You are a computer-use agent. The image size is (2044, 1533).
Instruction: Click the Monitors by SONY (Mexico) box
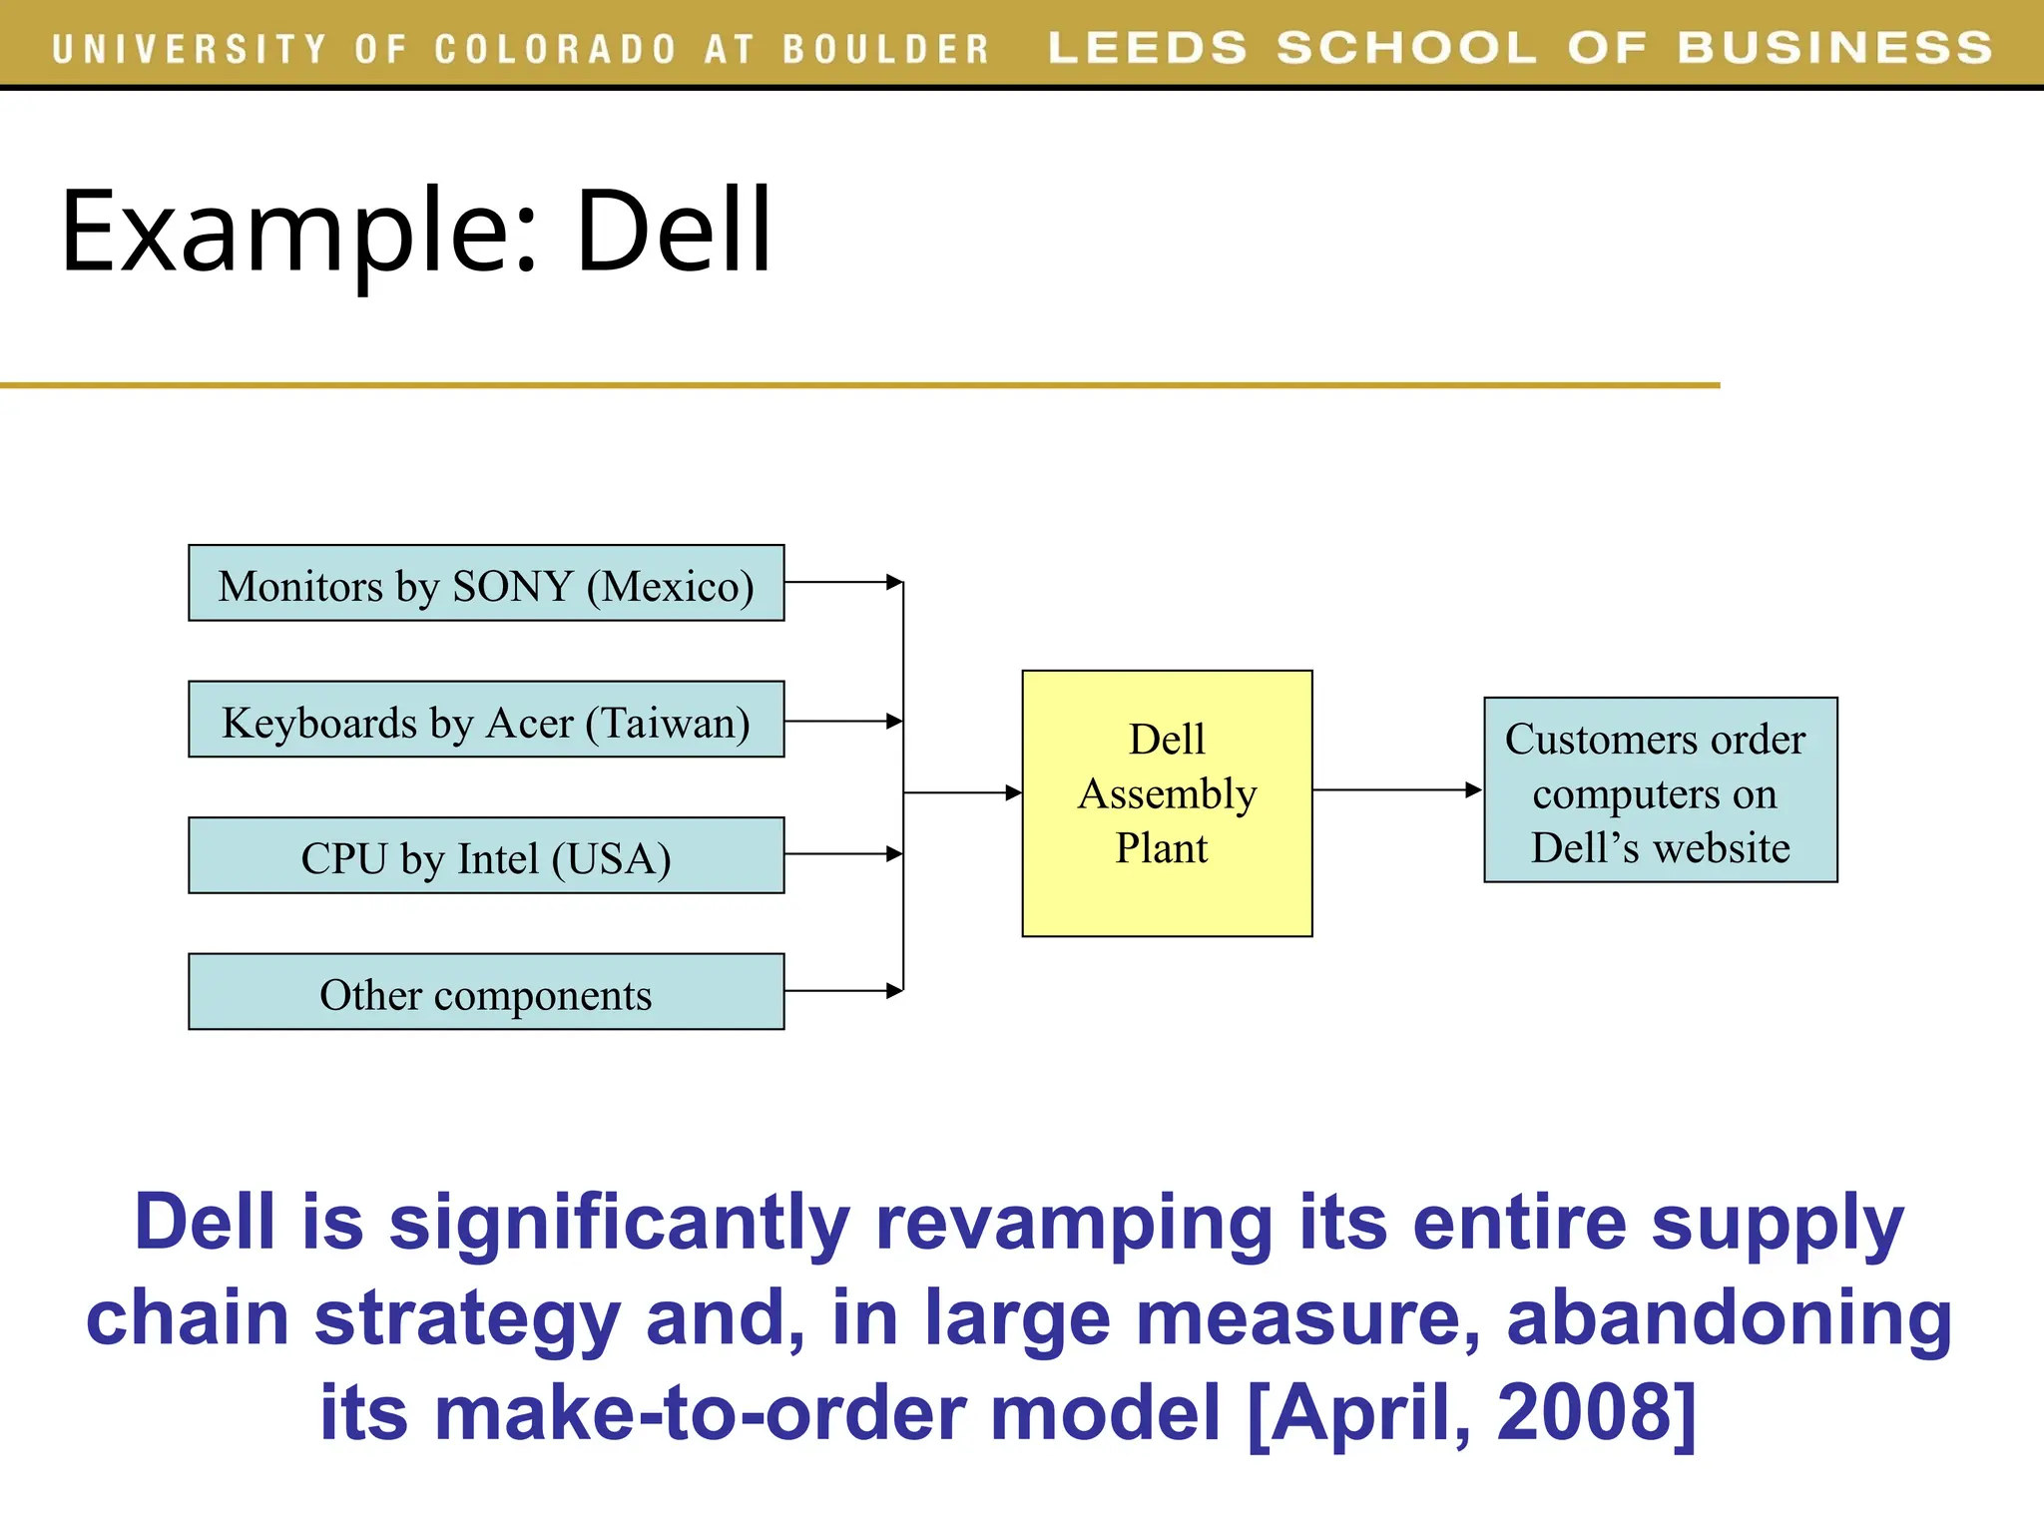click(486, 583)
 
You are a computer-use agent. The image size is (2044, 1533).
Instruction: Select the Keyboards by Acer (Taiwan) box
click(486, 720)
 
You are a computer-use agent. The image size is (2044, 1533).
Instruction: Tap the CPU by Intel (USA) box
click(486, 855)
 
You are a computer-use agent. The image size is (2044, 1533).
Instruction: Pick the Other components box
click(486, 992)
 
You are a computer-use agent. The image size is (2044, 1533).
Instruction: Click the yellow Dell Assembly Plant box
click(1167, 803)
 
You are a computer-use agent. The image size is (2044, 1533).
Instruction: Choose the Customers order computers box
click(1660, 790)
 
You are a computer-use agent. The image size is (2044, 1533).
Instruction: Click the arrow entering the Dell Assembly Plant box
click(963, 792)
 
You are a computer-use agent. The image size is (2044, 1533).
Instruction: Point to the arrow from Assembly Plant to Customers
click(1397, 790)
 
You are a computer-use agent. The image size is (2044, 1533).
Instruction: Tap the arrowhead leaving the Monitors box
click(894, 582)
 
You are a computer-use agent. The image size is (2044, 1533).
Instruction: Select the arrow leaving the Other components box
click(844, 991)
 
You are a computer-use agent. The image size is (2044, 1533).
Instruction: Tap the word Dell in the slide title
click(674, 232)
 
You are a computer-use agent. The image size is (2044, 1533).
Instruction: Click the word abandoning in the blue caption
click(1729, 1317)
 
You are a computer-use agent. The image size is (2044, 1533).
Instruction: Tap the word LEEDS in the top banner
click(1148, 48)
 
